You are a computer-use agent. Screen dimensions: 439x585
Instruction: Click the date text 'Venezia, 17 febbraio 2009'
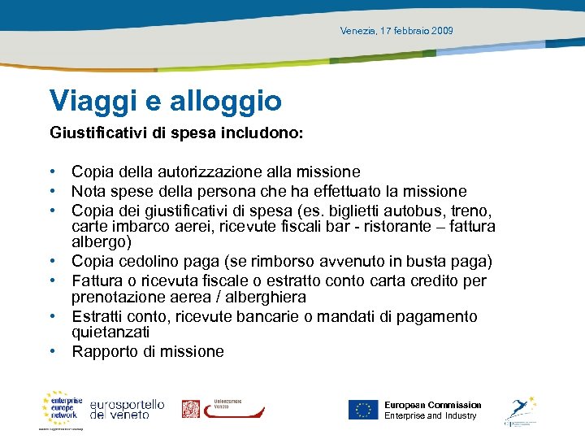397,31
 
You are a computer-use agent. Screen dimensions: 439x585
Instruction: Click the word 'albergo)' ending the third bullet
102,242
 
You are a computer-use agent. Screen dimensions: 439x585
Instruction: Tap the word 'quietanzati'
110,333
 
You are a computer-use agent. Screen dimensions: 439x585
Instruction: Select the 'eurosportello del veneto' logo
127,409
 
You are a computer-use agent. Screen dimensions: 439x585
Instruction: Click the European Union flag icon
363,410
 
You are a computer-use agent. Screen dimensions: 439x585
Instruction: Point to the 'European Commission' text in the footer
432,405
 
